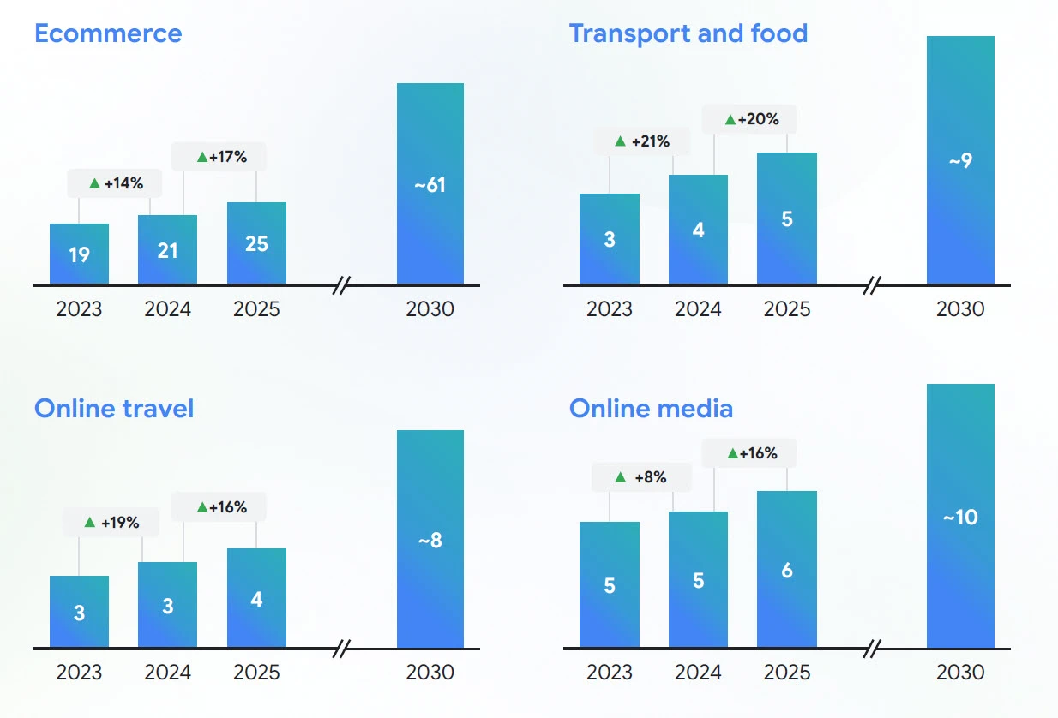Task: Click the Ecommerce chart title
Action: [108, 33]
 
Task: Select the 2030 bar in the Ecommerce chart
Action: [430, 183]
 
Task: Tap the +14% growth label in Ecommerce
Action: [115, 182]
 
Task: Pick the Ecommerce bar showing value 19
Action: [79, 254]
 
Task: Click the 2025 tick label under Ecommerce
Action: [256, 308]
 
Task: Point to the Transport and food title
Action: [688, 33]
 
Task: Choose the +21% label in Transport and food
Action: [642, 141]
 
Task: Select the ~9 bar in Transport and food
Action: [960, 160]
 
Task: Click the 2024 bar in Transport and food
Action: [698, 230]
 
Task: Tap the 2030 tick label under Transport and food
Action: [960, 308]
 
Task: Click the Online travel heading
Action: [114, 408]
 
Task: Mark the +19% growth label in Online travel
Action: [111, 522]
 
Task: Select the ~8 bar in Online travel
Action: [430, 539]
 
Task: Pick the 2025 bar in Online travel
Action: [256, 598]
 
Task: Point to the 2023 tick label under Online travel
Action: [79, 672]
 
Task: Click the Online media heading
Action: [651, 408]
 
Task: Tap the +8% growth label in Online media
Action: [641, 477]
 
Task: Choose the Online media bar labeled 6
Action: [787, 569]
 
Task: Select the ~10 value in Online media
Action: [960, 518]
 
